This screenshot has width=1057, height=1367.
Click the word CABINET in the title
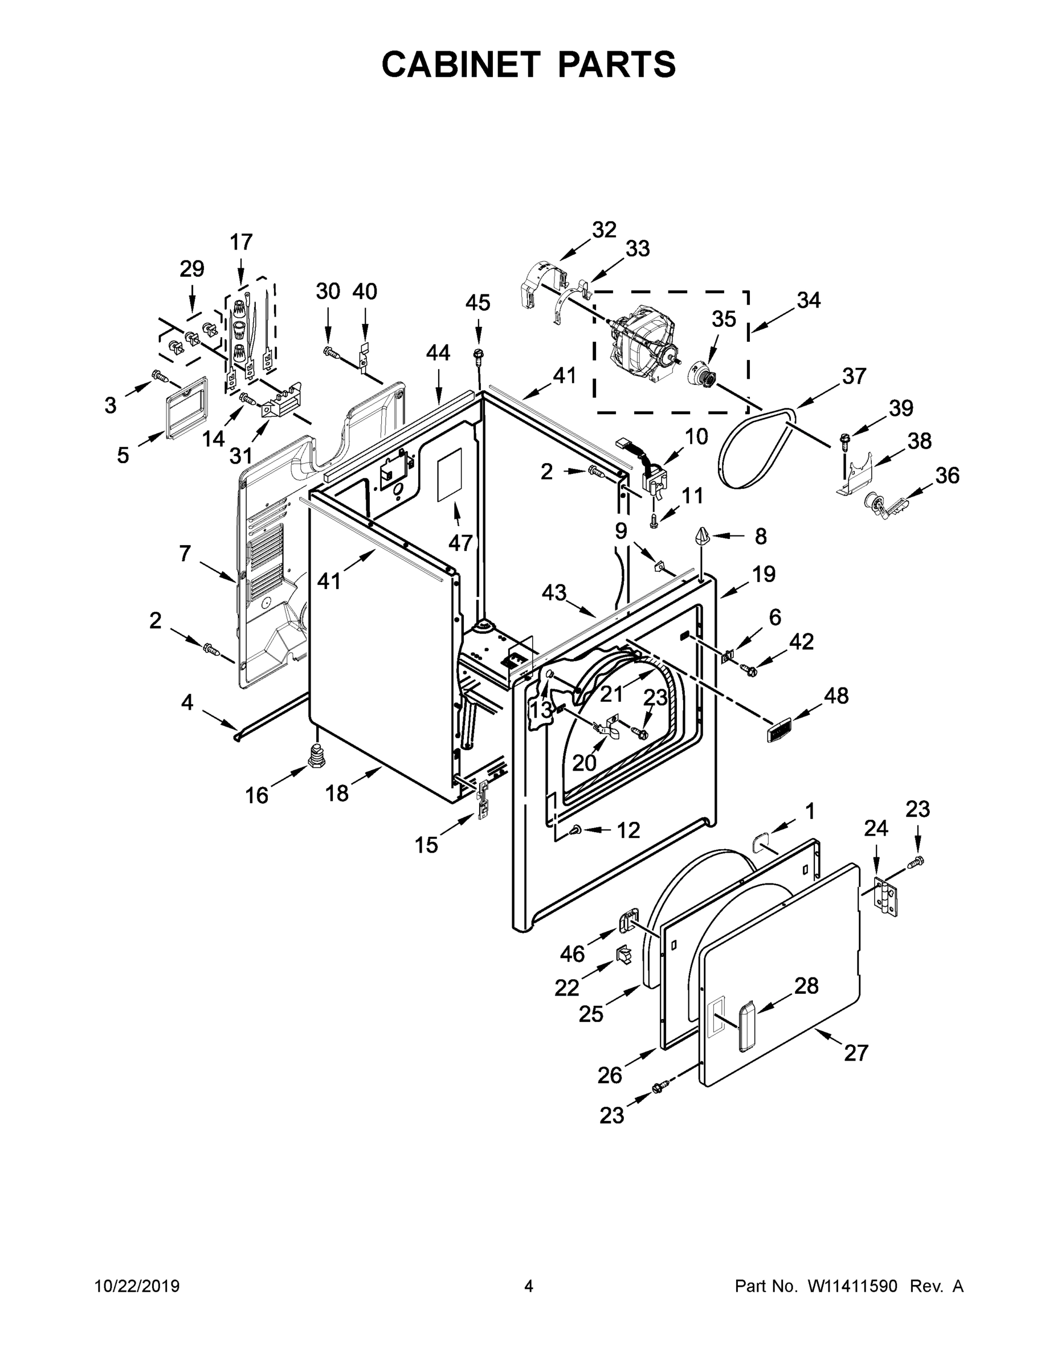[x=460, y=64]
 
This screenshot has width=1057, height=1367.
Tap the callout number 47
[x=460, y=543]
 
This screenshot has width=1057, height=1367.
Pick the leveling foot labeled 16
[x=318, y=756]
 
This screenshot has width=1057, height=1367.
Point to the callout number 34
[x=809, y=300]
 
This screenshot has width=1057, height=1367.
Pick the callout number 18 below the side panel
[x=337, y=793]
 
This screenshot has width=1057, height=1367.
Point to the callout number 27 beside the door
[x=856, y=1053]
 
